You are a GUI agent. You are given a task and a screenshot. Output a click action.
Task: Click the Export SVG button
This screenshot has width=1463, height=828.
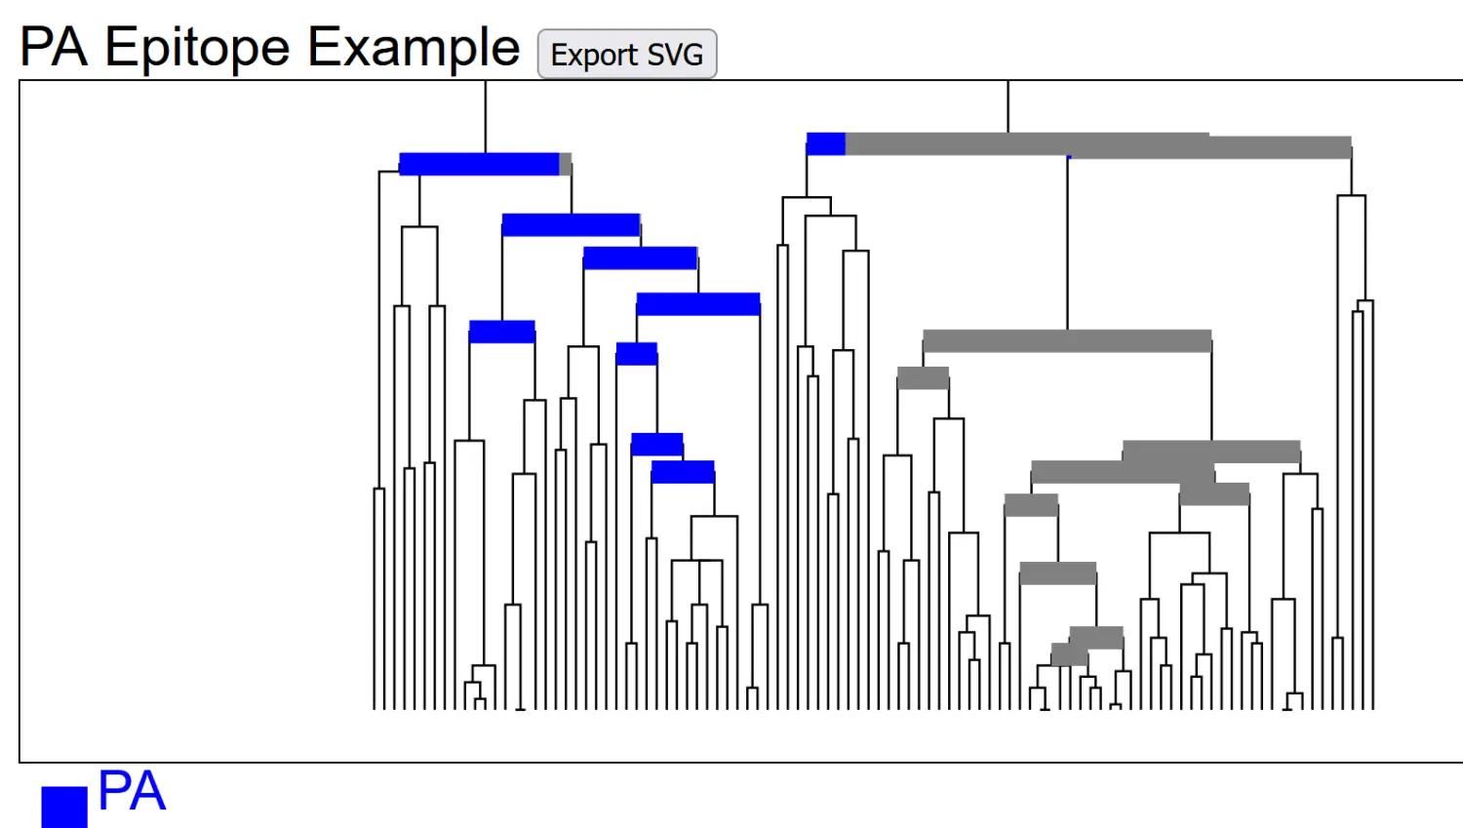pyautogui.click(x=627, y=55)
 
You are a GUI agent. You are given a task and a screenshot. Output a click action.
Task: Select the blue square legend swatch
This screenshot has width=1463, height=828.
pyautogui.click(x=64, y=807)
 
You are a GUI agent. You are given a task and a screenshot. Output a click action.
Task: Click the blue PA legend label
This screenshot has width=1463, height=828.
pyautogui.click(x=132, y=791)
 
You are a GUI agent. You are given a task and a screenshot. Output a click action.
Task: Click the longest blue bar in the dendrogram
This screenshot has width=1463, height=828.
pyautogui.click(x=479, y=164)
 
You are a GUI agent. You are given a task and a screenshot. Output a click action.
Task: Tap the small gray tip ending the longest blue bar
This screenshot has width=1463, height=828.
pyautogui.click(x=566, y=164)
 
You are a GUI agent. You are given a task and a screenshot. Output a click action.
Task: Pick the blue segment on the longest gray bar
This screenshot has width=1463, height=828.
pyautogui.click(x=825, y=144)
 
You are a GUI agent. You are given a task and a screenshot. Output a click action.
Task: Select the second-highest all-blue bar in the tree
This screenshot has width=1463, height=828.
pyautogui.click(x=571, y=225)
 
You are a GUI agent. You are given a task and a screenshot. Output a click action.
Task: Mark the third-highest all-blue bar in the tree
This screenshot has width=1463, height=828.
pyautogui.click(x=640, y=258)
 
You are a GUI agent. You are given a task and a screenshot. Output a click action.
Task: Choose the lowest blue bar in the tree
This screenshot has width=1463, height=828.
pyautogui.click(x=683, y=472)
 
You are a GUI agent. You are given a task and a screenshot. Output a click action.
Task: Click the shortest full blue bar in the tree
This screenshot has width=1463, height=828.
pyautogui.click(x=637, y=354)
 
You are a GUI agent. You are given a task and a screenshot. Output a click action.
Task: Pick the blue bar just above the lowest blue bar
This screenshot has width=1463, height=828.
pyautogui.click(x=657, y=445)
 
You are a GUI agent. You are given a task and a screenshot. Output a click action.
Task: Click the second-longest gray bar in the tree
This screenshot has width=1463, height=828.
pyautogui.click(x=1067, y=341)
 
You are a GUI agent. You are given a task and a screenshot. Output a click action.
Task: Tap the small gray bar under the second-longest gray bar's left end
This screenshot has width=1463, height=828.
pyautogui.click(x=923, y=378)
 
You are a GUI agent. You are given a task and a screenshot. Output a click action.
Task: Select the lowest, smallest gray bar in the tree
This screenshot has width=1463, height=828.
pyautogui.click(x=1069, y=655)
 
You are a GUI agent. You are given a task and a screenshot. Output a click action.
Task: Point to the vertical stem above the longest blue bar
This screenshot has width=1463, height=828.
pyautogui.click(x=486, y=117)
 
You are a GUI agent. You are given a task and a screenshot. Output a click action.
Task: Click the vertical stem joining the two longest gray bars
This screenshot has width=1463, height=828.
pyautogui.click(x=1068, y=244)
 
